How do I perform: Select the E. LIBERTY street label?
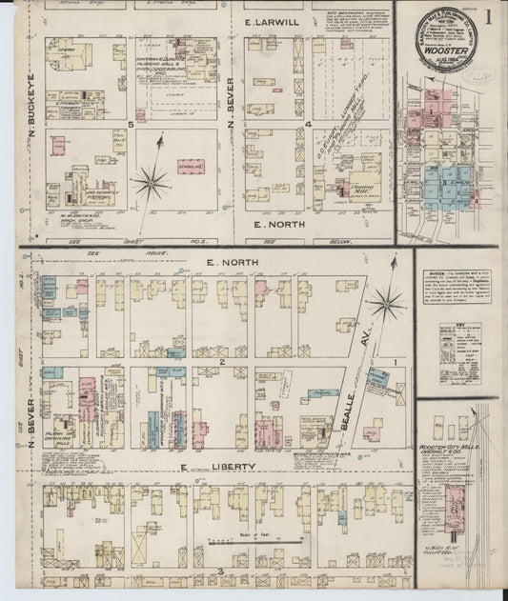click(x=218, y=467)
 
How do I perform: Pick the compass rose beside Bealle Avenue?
click(x=386, y=304)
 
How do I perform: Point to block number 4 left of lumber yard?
click(x=309, y=124)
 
